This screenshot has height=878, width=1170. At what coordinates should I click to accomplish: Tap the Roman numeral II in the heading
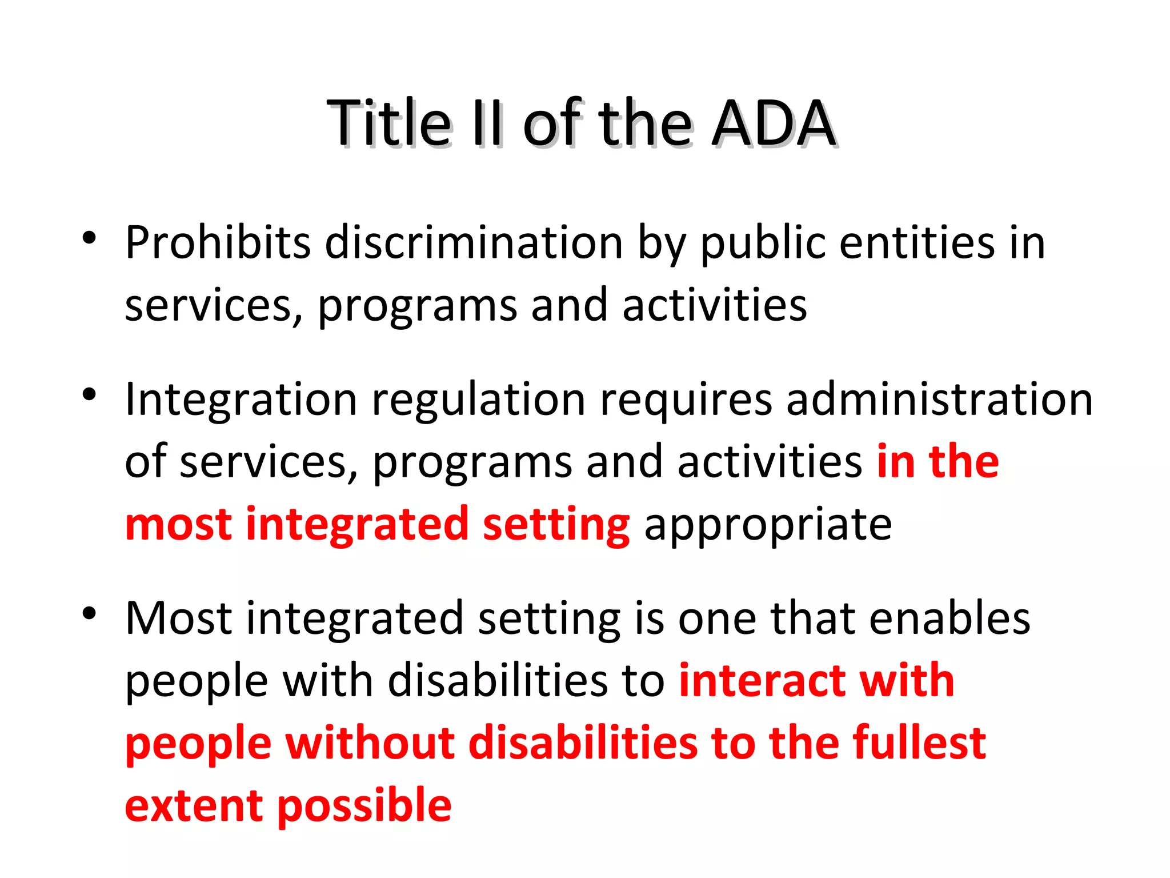(487, 123)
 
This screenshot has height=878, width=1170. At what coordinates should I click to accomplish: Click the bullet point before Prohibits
(89, 238)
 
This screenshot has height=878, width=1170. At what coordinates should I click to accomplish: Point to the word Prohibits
(218, 243)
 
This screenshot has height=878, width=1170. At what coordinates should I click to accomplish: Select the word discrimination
(474, 243)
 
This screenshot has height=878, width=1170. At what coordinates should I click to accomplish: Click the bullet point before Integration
(89, 394)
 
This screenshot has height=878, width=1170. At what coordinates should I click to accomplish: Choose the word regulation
(479, 400)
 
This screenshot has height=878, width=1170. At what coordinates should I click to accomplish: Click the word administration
(939, 400)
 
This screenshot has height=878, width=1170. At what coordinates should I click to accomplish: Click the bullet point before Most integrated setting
(89, 614)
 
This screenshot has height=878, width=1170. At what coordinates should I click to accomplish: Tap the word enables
(949, 618)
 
